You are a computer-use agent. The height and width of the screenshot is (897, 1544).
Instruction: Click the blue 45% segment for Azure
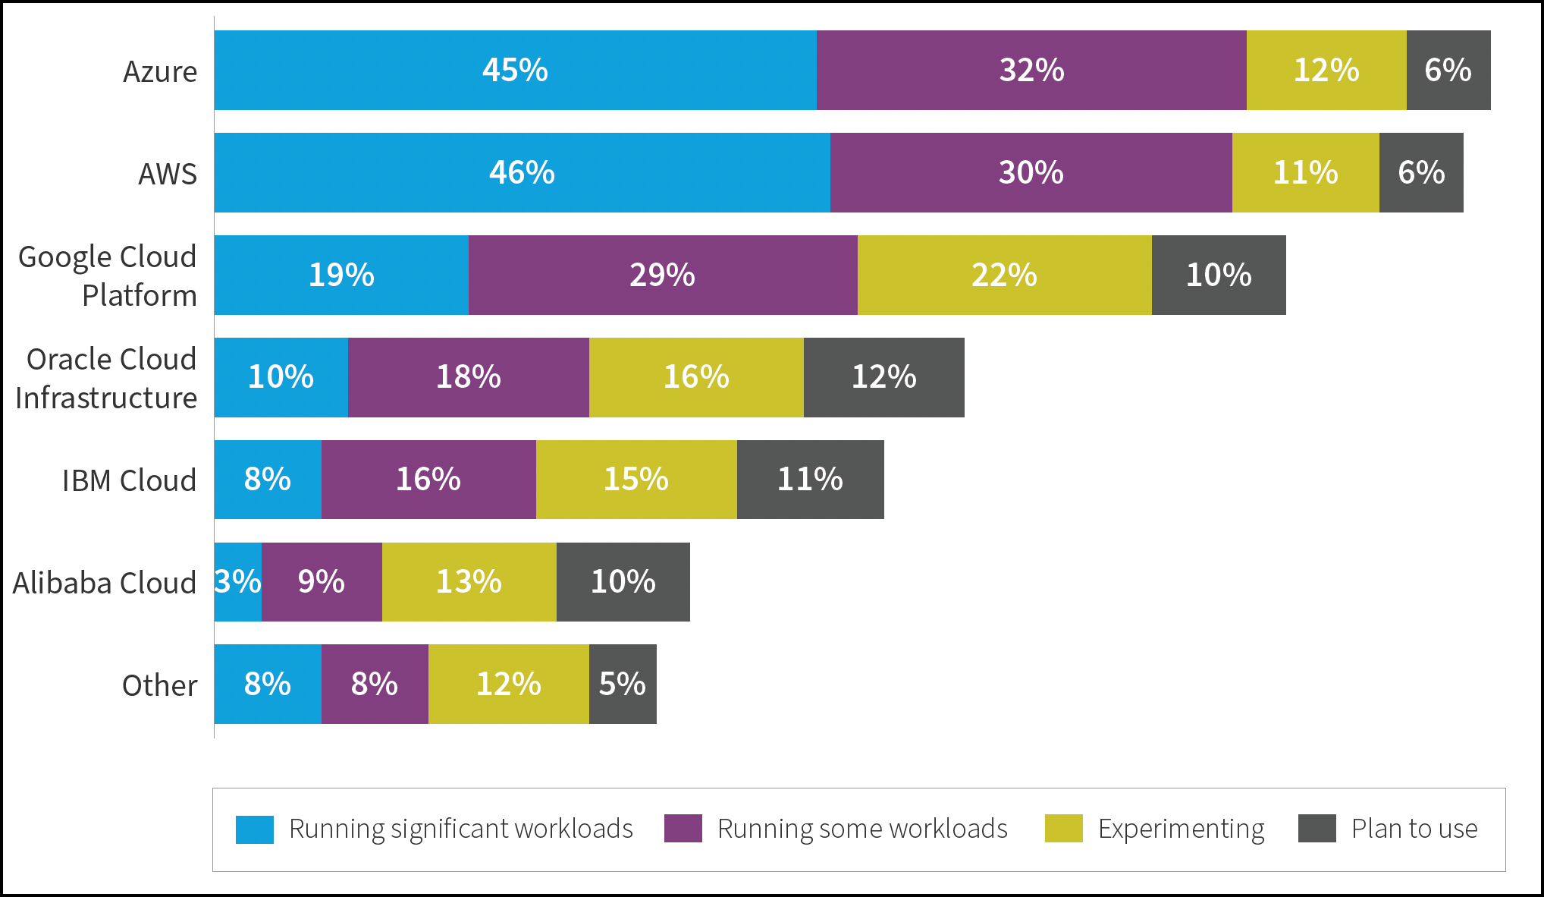click(515, 71)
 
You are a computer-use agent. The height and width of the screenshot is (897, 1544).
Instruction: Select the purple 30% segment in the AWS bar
click(1031, 173)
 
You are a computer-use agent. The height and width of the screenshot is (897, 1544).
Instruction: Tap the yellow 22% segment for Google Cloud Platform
click(1004, 275)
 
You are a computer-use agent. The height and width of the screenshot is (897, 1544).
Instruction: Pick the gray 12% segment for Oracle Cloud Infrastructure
click(883, 377)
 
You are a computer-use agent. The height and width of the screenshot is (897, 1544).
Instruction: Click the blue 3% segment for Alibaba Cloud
click(237, 582)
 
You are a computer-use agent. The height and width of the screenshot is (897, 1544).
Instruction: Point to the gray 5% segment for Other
click(622, 685)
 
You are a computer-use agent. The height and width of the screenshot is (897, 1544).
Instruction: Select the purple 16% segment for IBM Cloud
click(428, 480)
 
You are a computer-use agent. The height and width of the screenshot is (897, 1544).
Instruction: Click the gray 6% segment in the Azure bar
click(1448, 71)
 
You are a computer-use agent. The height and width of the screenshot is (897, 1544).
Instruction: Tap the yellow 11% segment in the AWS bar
click(1305, 173)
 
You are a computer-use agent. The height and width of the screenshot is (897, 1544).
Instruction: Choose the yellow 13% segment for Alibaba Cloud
click(469, 582)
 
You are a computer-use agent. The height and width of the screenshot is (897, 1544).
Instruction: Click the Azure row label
click(160, 72)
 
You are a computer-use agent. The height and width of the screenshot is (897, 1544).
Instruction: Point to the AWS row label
click(167, 175)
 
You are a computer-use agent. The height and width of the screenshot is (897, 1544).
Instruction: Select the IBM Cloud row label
click(129, 481)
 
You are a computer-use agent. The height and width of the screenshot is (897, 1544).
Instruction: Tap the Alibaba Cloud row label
click(105, 584)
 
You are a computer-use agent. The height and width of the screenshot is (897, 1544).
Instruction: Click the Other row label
click(159, 686)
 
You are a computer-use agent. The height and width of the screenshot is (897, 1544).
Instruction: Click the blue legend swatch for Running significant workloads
click(255, 829)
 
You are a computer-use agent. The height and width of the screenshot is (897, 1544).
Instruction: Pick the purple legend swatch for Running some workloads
click(683, 829)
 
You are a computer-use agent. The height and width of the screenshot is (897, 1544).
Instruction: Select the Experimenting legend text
click(1181, 829)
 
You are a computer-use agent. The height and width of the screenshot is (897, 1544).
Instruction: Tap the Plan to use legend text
click(1414, 829)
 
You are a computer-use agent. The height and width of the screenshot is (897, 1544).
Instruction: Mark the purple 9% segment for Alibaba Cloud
click(322, 582)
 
